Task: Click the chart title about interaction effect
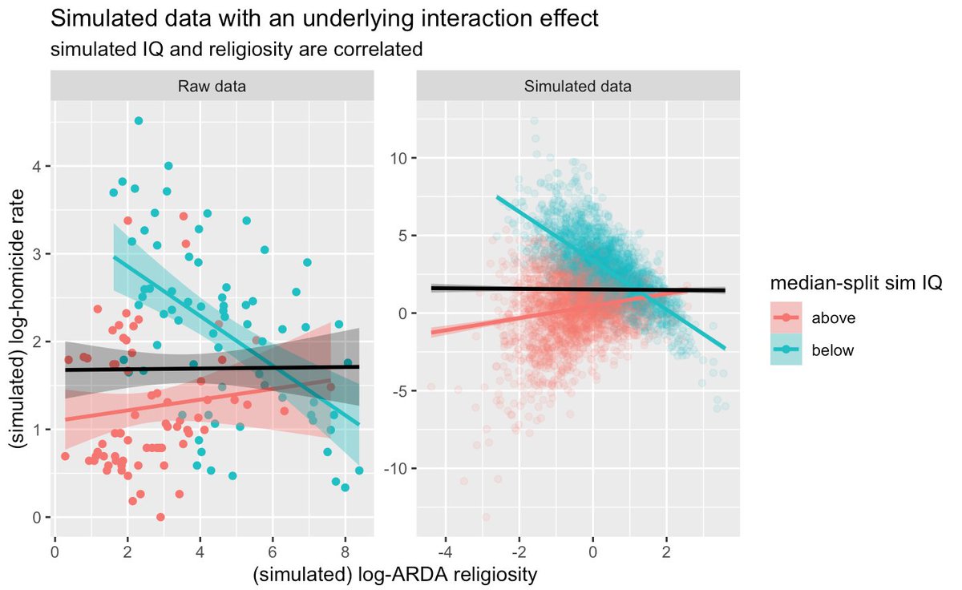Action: (325, 19)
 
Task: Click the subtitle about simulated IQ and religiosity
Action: (236, 49)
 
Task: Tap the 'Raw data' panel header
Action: (212, 86)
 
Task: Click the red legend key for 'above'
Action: (785, 317)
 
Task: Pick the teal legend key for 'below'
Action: (785, 350)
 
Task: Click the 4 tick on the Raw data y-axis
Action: (37, 166)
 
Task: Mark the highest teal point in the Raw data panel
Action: (139, 120)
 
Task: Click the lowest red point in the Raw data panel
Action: (160, 517)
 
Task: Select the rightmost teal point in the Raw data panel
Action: (359, 471)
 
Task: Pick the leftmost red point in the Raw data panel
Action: (65, 456)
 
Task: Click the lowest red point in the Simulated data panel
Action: (487, 517)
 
